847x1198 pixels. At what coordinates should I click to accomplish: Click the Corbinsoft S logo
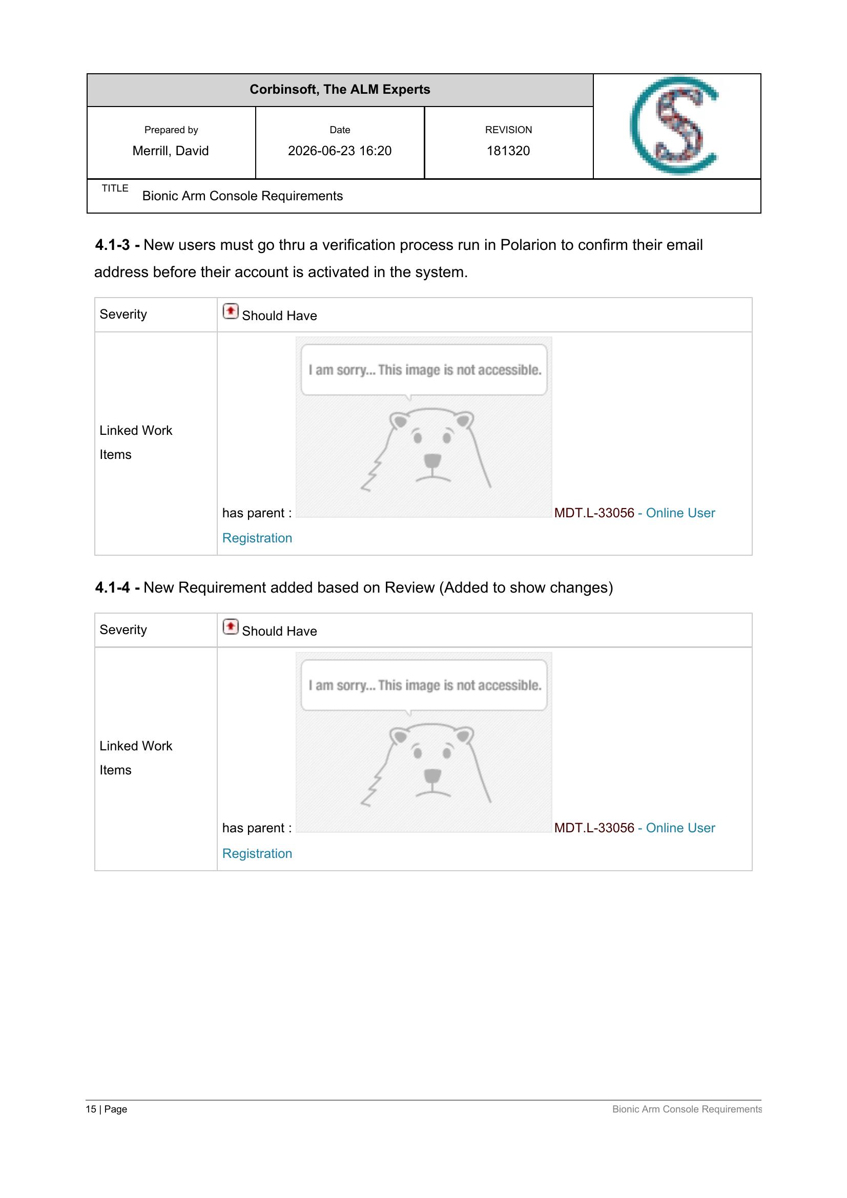coord(674,126)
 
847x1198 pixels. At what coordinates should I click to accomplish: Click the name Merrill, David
coord(171,151)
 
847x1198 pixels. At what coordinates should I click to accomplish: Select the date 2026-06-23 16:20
coord(340,151)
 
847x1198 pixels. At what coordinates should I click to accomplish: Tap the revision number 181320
coord(508,151)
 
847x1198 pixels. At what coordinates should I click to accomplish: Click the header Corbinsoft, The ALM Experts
coord(340,90)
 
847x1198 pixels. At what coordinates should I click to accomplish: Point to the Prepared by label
coord(171,130)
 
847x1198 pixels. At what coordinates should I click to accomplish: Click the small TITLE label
coord(115,188)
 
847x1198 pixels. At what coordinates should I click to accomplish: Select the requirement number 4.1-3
coord(112,245)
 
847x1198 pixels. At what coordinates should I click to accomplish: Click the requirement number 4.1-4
coord(112,587)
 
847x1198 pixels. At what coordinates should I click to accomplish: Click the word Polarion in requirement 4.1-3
coord(528,245)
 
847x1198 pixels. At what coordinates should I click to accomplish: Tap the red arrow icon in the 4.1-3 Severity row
coord(230,311)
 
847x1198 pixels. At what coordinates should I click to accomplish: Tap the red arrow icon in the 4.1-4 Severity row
coord(230,626)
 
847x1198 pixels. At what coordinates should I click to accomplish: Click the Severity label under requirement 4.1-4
coord(123,630)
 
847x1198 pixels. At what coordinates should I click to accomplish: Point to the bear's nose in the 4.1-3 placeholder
coord(431,461)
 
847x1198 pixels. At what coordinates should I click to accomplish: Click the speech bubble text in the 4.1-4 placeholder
coord(425,685)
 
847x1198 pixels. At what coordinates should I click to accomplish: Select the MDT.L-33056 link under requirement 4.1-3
coord(594,513)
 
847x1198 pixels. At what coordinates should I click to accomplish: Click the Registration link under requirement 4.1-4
coord(257,854)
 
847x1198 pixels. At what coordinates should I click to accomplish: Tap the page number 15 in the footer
coord(91,1109)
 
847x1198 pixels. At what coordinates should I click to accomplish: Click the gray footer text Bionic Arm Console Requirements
coord(687,1109)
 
